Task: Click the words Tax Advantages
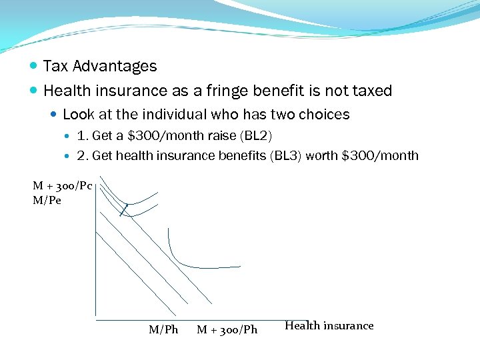coord(100,66)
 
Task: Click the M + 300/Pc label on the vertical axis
coord(63,186)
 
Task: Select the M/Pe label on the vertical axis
coord(47,200)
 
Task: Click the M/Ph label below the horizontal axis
coord(163,329)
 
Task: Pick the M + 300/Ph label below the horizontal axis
coord(227,329)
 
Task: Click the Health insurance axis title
coord(329,325)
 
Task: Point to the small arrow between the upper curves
coord(123,210)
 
